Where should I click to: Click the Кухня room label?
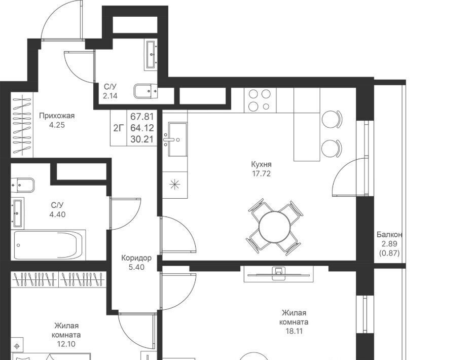261,165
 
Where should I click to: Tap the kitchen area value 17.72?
261,173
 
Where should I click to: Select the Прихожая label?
57,116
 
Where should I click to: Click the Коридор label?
136,258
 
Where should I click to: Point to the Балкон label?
389,235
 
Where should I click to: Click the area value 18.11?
294,331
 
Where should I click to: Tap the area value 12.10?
66,344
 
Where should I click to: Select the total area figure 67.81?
142,116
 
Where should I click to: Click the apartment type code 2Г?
119,128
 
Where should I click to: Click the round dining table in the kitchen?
275,227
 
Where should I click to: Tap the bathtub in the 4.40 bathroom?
48,245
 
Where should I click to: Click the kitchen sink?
177,139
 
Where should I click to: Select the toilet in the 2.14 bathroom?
145,91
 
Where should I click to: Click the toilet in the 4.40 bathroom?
23,185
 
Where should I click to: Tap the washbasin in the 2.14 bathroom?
151,55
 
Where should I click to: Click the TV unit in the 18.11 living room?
279,274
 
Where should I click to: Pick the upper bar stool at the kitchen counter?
332,119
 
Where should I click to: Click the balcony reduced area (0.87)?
389,253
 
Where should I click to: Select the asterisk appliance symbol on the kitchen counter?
175,185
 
